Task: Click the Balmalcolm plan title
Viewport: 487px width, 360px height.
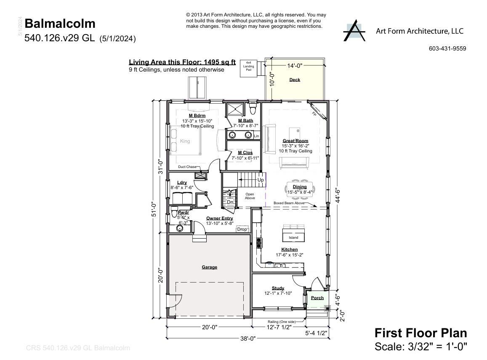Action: [x=60, y=24]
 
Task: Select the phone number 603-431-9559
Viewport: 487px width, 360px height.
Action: [x=447, y=48]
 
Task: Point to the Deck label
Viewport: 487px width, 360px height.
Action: [x=295, y=80]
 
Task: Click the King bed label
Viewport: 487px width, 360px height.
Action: [x=185, y=141]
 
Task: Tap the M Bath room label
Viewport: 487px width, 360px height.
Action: [x=245, y=120]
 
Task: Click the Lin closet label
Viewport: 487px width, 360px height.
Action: [x=256, y=136]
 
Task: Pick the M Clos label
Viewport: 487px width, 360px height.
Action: [x=245, y=152]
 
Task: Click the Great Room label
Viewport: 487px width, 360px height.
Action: [x=295, y=141]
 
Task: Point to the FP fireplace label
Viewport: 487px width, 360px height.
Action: [x=314, y=114]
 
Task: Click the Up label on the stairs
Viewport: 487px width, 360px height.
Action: [x=261, y=180]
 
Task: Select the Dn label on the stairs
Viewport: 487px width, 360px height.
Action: [x=230, y=202]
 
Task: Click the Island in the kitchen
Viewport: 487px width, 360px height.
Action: [x=293, y=237]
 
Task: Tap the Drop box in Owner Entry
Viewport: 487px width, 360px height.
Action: [x=242, y=229]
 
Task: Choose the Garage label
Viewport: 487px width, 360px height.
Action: [x=209, y=267]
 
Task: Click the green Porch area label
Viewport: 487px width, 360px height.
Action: [x=317, y=298]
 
